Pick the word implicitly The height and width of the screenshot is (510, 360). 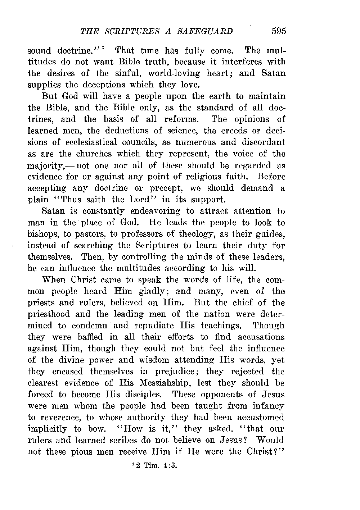click(x=47, y=429)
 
